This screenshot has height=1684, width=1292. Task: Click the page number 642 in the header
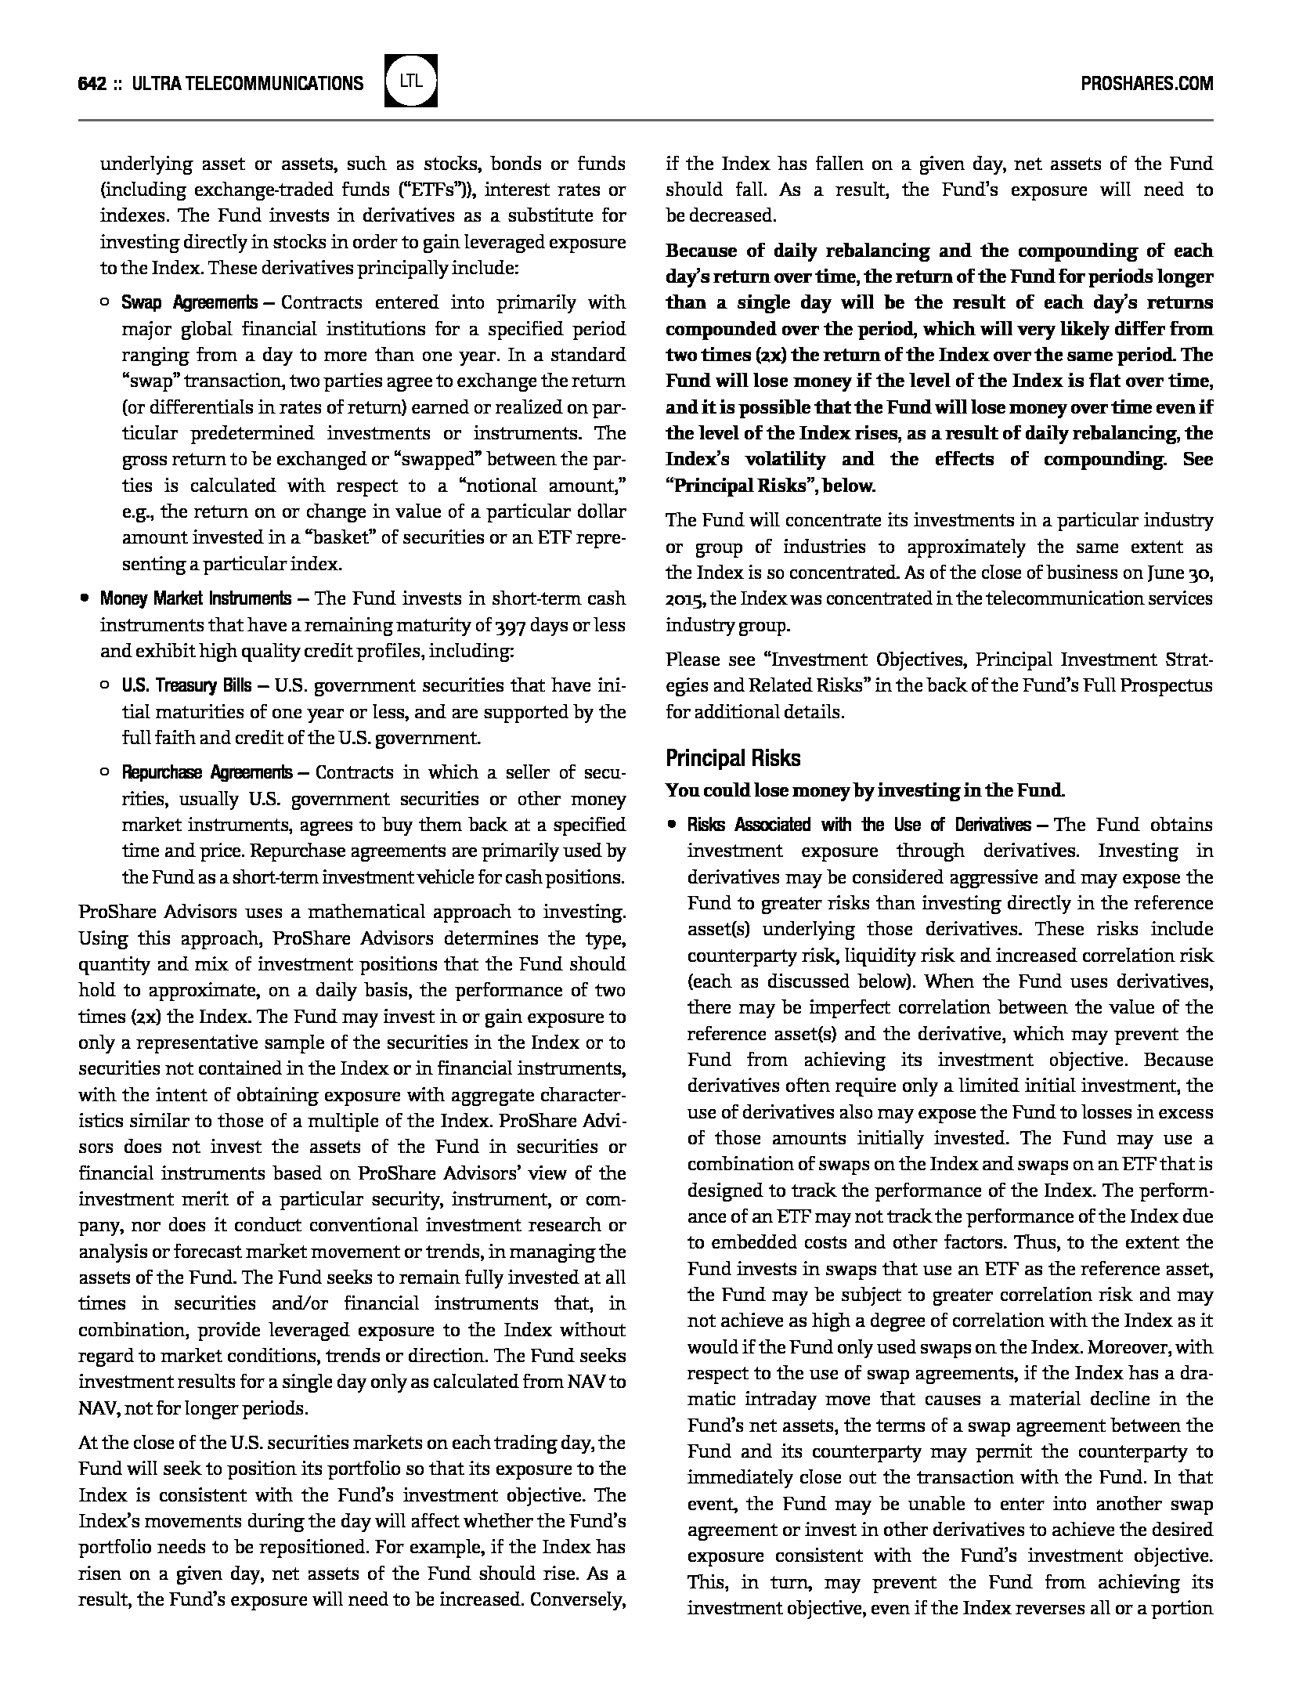[x=92, y=84]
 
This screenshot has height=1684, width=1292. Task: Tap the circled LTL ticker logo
[x=411, y=81]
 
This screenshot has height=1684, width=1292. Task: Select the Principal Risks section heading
[x=733, y=758]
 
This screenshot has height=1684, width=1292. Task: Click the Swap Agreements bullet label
[x=189, y=303]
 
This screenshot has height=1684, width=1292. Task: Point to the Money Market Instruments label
[x=195, y=599]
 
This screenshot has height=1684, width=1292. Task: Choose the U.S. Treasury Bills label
[x=186, y=686]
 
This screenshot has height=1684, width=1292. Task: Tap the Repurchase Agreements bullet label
[x=207, y=773]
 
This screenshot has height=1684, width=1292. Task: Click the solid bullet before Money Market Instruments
[x=84, y=599]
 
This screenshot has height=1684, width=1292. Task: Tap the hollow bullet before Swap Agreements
[x=105, y=303]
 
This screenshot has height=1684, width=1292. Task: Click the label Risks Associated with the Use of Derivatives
[x=859, y=826]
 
